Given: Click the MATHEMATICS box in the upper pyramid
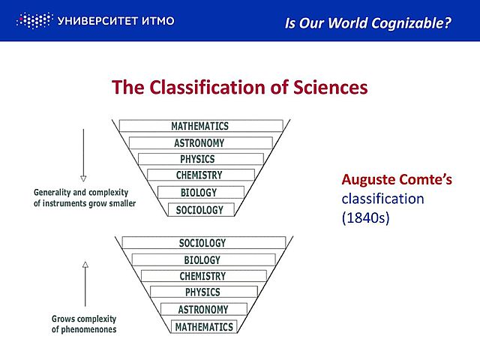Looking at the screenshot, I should [199, 126].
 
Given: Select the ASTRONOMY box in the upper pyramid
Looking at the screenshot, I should [199, 142].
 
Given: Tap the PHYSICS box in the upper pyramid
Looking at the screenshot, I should [197, 159].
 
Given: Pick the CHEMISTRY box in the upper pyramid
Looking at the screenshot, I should [199, 175].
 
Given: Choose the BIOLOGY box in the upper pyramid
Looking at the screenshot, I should [199, 192].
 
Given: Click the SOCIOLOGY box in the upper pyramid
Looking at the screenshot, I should [199, 210].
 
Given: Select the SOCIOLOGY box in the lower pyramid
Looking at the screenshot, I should [202, 243].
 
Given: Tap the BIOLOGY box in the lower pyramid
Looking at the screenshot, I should [202, 259].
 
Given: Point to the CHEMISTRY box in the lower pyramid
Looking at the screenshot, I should [202, 276].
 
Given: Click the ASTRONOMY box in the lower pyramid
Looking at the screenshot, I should [202, 309].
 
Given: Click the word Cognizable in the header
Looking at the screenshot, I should [411, 23].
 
